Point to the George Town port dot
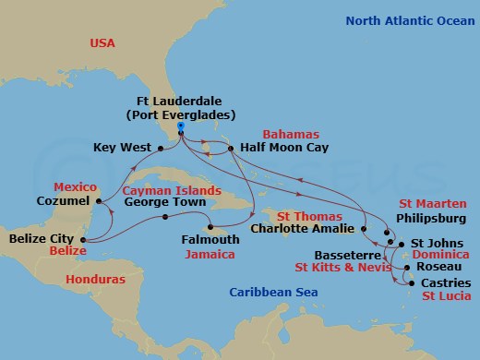pos(165,218)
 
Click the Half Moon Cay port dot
pos(229,147)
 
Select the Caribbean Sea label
pos(273,293)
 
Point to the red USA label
pos(102,42)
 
